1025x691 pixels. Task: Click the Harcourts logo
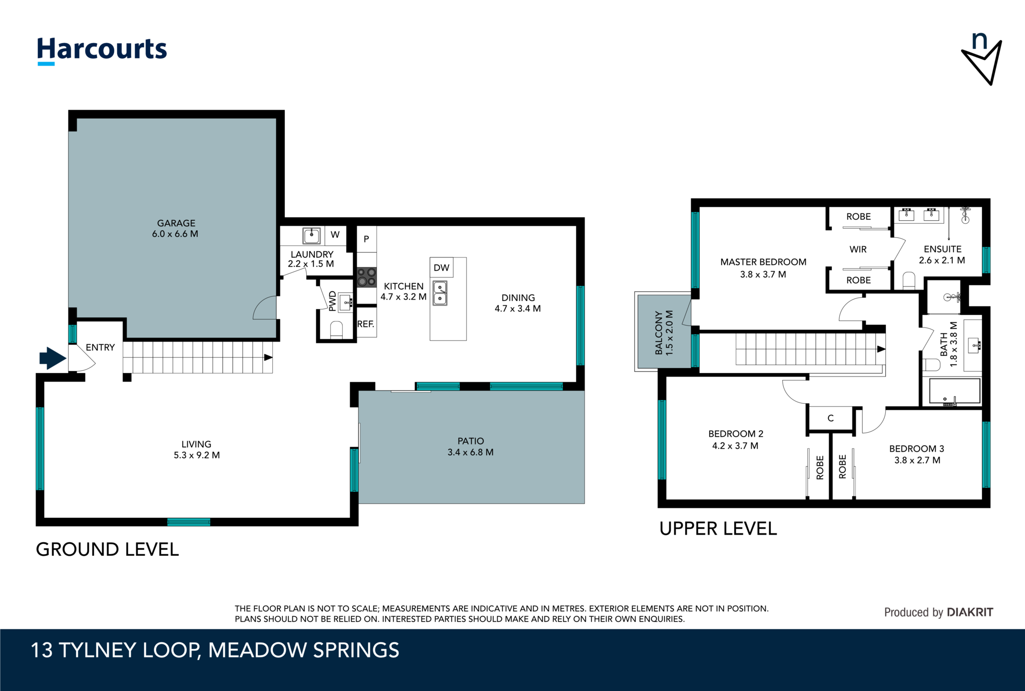102,51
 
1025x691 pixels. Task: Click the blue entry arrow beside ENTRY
53,358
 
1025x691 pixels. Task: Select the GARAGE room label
176,223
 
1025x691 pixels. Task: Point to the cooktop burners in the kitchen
366,277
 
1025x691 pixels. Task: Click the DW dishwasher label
441,268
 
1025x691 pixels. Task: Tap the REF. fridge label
366,324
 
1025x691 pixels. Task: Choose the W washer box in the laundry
335,235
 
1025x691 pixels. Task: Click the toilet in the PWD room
336,330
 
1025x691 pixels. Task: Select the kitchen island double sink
440,293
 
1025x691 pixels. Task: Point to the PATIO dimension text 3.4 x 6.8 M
470,453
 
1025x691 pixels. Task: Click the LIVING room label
196,445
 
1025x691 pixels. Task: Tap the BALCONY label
659,333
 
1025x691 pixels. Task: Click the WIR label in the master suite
858,249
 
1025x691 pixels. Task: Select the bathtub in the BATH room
954,391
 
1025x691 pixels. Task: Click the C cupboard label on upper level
831,418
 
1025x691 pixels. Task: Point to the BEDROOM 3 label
917,449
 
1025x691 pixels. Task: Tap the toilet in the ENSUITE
909,281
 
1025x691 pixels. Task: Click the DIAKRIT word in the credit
970,612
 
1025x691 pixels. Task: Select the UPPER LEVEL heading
718,529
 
